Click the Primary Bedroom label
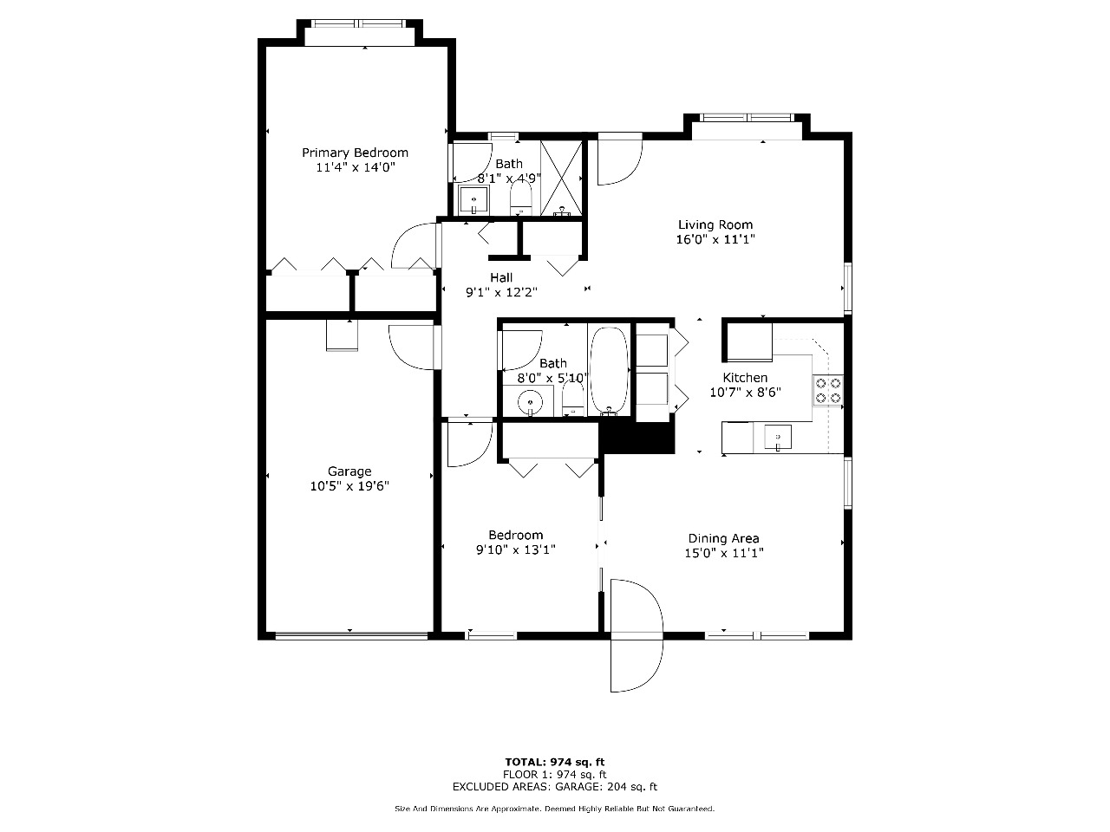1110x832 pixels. click(355, 153)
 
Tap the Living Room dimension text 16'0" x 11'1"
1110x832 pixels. click(715, 239)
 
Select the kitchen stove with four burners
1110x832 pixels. click(828, 390)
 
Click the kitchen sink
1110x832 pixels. click(778, 437)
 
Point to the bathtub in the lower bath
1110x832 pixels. click(609, 370)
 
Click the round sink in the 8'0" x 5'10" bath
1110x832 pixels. click(530, 402)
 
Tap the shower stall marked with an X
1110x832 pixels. click(561, 179)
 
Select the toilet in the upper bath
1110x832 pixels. click(521, 198)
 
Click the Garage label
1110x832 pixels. click(349, 471)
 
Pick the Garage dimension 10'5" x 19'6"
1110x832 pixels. click(349, 486)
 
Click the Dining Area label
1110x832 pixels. click(723, 538)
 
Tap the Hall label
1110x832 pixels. click(501, 277)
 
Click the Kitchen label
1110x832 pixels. click(745, 377)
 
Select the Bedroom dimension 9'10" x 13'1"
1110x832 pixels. click(515, 549)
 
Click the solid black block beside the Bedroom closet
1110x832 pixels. click(637, 438)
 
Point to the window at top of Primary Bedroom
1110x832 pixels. click(358, 23)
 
